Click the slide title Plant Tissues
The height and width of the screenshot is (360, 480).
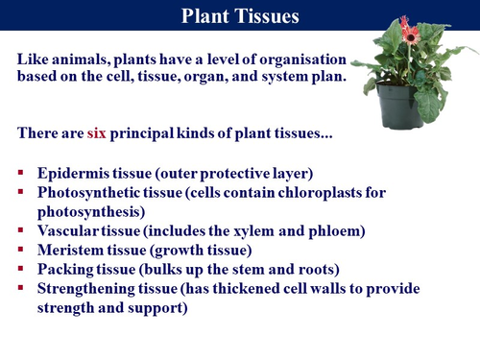(240, 15)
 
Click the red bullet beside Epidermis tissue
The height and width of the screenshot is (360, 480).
(22, 175)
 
